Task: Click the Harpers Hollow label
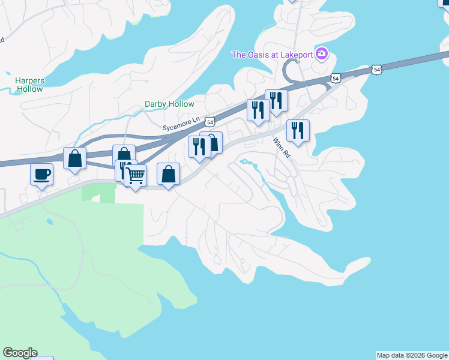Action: (x=29, y=85)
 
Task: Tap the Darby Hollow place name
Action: (x=169, y=104)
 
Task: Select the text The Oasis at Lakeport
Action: (x=273, y=55)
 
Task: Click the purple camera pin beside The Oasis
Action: (x=322, y=55)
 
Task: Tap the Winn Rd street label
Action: (x=282, y=147)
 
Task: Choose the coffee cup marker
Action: (x=42, y=175)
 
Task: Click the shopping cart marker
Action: (x=136, y=176)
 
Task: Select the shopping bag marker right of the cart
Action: (x=169, y=174)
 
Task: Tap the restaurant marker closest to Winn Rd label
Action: (x=298, y=130)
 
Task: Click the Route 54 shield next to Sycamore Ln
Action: (x=209, y=121)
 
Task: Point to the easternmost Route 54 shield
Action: (x=376, y=70)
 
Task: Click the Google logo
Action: (x=20, y=353)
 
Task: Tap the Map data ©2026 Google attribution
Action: (x=412, y=355)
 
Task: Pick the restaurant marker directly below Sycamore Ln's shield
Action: (x=199, y=146)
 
